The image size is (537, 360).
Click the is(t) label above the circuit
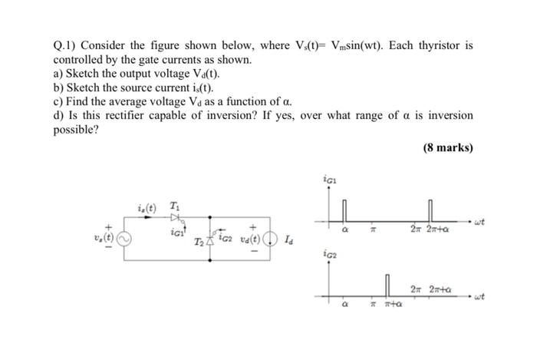[147, 206]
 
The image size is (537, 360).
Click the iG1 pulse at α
[344, 210]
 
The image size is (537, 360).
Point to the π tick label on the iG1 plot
[371, 228]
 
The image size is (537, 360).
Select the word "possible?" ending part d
[76, 130]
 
